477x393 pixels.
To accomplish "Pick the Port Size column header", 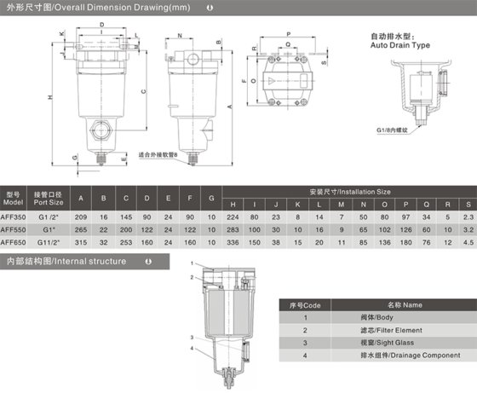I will coord(49,199).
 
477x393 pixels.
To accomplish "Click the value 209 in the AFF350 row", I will coord(81,217).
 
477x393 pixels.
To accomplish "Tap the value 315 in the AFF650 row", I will coord(81,241).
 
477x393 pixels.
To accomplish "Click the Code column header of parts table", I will coord(313,304).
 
